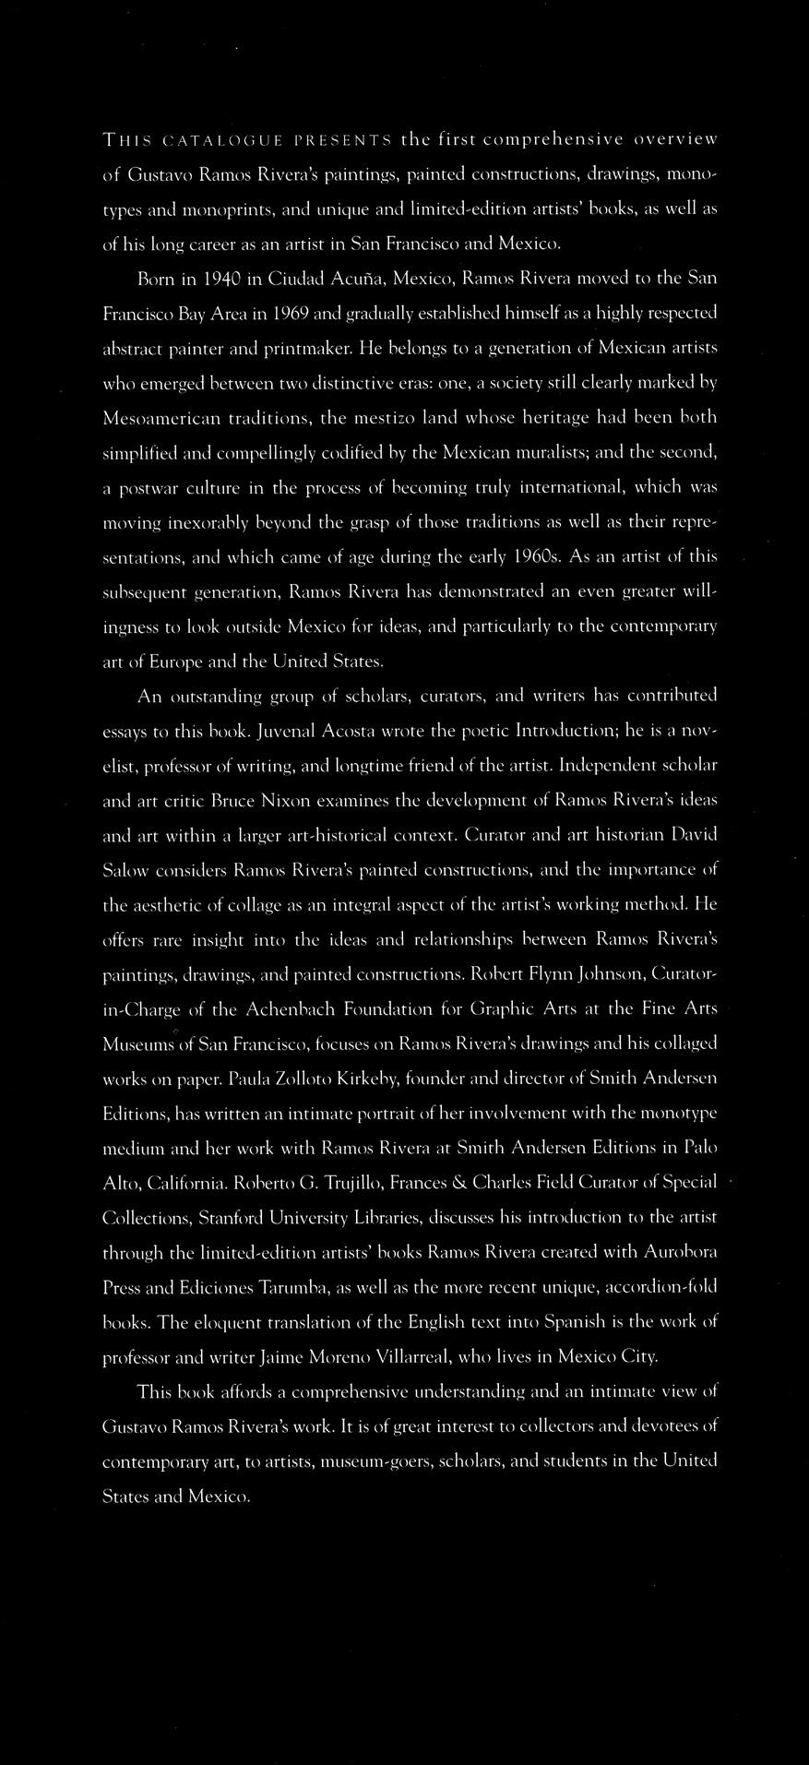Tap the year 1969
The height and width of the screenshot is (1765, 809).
click(286, 314)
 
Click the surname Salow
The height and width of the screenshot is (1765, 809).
click(123, 870)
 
